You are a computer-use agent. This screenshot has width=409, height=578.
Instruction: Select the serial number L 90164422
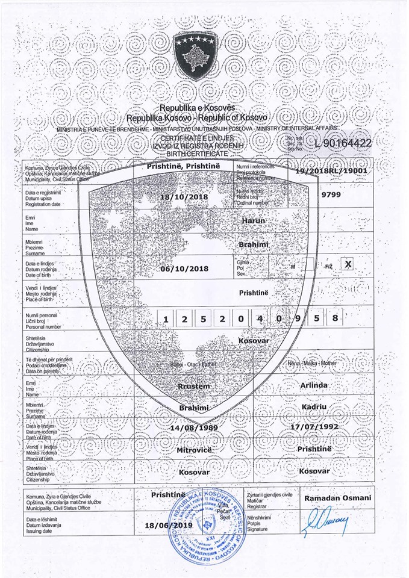pos(342,143)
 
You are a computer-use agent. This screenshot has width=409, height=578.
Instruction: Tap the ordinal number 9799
pos(332,194)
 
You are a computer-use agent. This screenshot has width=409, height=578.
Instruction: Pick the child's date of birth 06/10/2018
pos(184,269)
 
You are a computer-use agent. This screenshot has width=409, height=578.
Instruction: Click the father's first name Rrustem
pos(194,387)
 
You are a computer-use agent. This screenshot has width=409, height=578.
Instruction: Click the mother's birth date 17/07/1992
pos(314,426)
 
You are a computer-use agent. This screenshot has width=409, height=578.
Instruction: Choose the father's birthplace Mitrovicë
pos(194,449)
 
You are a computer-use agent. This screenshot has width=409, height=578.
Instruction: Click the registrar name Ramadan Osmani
pos(338,498)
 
